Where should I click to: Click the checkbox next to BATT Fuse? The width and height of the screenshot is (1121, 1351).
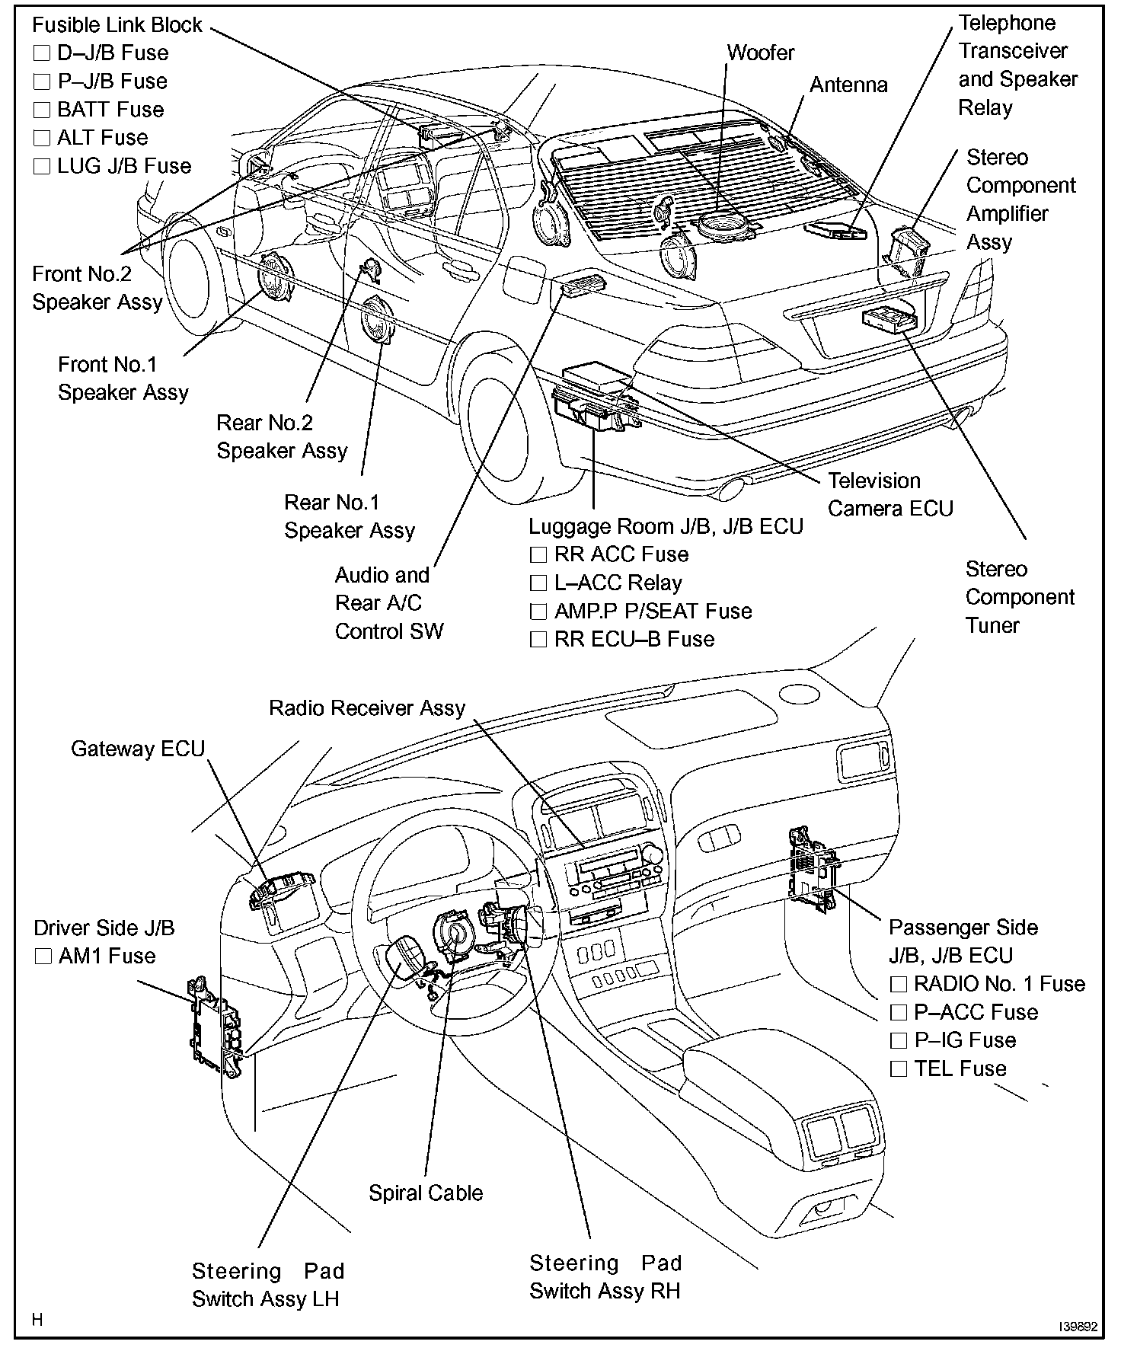coord(42,110)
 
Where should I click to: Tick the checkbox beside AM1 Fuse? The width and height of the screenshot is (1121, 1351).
coord(43,957)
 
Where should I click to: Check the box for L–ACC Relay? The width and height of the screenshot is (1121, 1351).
coord(538,584)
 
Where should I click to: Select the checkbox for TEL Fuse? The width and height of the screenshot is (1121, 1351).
coord(899,1069)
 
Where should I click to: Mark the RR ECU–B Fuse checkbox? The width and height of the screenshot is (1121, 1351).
coord(538,640)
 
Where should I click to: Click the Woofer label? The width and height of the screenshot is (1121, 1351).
coord(760,53)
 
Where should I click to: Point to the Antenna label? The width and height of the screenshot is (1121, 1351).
coord(848,85)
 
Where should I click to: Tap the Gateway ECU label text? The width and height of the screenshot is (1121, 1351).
coord(138,749)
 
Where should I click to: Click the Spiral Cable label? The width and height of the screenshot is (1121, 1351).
coord(426,1193)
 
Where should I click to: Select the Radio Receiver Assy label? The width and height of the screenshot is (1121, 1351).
coord(366,708)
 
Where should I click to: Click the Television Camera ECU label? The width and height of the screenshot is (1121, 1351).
coord(889,495)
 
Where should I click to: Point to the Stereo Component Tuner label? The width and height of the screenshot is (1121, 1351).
coord(1019,598)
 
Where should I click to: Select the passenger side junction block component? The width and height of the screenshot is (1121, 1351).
coord(813,868)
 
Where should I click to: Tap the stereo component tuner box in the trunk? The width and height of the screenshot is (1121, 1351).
coord(889,320)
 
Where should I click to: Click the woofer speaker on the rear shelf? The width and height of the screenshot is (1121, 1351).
coord(723,225)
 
